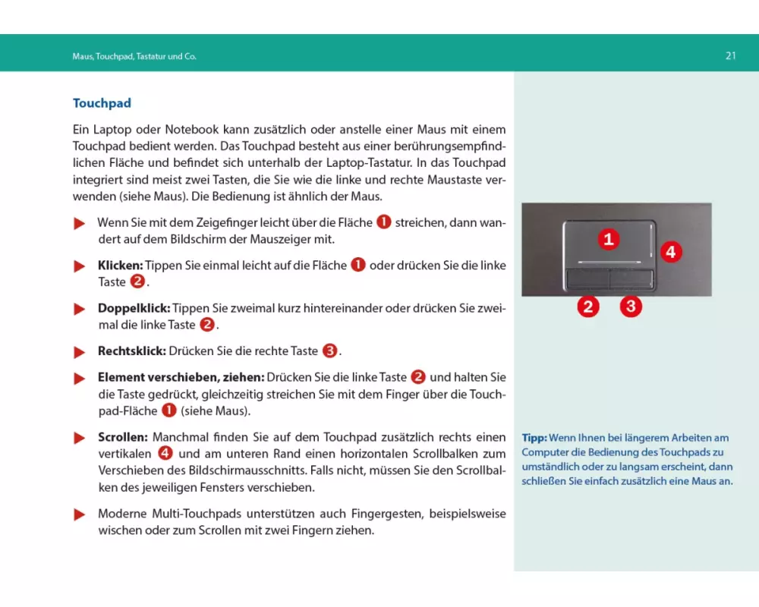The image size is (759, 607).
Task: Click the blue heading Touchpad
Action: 102,103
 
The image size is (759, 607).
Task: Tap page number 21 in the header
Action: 731,55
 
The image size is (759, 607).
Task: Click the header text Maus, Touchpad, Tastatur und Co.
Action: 129,56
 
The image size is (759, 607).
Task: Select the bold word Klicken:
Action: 120,266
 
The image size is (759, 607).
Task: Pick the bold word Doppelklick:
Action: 134,309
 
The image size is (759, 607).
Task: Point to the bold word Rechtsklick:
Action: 131,351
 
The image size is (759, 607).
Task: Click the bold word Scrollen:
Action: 123,438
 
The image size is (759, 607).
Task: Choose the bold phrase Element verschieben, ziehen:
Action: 180,377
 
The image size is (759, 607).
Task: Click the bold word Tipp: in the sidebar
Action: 534,438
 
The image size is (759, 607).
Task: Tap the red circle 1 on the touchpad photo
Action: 608,240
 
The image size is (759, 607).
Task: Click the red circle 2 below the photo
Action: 587,307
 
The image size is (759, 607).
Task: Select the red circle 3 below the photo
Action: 631,307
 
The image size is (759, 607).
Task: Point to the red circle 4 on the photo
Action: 670,251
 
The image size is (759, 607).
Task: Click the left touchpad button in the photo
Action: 587,278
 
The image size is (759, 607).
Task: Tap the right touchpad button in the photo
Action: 631,278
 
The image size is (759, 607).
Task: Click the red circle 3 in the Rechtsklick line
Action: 329,351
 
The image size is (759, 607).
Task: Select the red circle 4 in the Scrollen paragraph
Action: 165,454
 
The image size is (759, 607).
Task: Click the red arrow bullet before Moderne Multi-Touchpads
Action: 79,515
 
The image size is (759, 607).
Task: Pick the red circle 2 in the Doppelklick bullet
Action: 207,325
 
